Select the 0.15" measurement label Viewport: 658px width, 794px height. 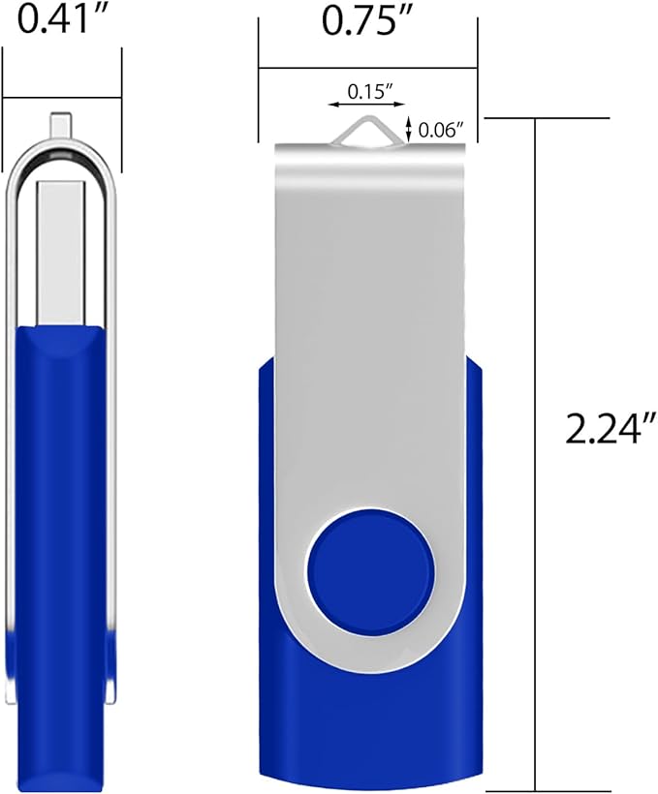click(365, 92)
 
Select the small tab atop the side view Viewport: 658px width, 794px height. click(60, 125)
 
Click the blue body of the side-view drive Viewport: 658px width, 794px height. click(60, 484)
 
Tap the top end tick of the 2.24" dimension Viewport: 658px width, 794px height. click(547, 117)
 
